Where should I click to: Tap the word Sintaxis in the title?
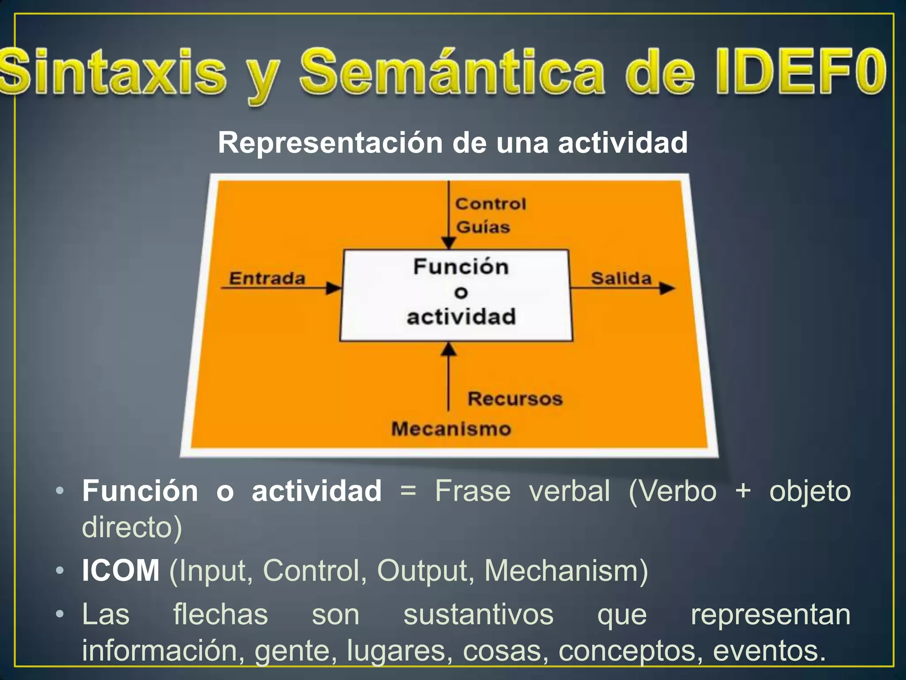point(113,72)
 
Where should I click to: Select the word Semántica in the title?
point(451,72)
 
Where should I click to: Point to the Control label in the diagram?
point(491,204)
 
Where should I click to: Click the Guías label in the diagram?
point(483,227)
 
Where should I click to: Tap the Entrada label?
point(267,278)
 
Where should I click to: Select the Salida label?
point(621,278)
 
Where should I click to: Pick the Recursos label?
point(515,399)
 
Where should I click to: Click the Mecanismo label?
point(451,429)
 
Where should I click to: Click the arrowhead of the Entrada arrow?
point(334,289)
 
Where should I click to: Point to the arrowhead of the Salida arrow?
point(667,289)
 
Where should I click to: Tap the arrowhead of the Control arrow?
point(449,243)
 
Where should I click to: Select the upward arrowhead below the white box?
point(449,350)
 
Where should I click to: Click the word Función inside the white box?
point(461,267)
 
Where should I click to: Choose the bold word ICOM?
point(121,571)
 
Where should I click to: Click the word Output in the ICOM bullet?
point(422,571)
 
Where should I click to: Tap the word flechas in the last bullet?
point(220,614)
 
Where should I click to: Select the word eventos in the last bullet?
point(768,650)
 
